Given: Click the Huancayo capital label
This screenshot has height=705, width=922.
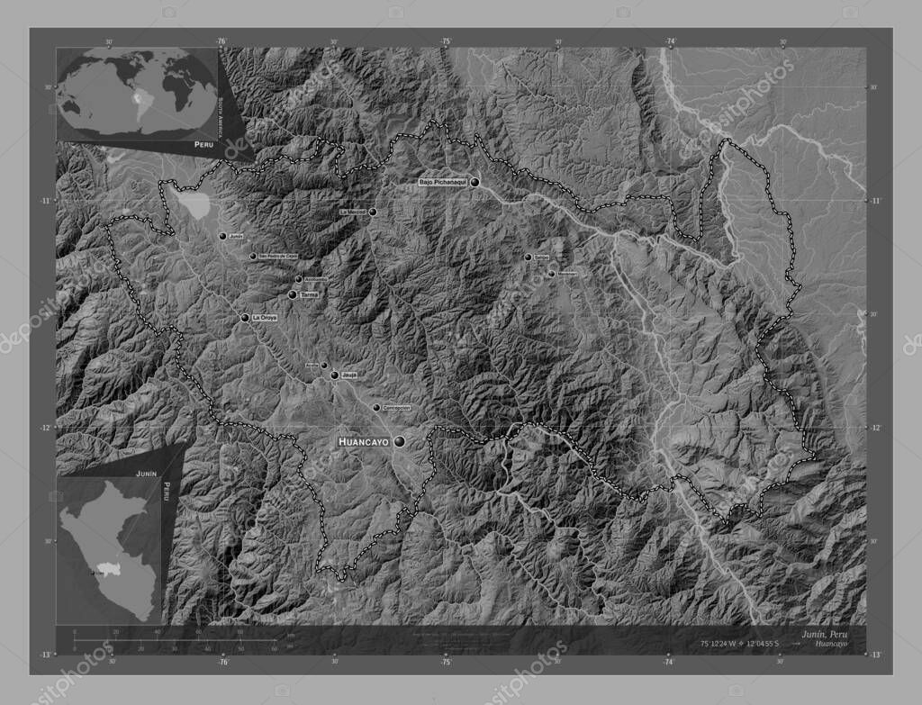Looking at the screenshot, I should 363,442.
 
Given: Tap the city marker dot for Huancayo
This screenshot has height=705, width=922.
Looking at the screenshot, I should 398,441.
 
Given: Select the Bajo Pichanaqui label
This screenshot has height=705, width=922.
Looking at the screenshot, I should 443,183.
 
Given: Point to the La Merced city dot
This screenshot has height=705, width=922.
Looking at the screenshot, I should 372,212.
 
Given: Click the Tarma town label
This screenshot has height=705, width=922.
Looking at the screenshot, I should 310,294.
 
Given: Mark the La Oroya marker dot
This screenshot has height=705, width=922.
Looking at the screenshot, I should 244,318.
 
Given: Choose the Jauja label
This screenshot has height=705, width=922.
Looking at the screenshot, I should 350,375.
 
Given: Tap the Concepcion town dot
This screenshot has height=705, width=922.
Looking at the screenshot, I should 376,408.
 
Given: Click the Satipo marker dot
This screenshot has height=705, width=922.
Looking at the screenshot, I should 528,258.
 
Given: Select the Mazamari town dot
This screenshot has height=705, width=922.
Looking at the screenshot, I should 551,273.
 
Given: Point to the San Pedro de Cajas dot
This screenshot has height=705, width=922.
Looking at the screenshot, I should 253,257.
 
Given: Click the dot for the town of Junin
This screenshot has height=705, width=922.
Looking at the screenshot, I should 222,236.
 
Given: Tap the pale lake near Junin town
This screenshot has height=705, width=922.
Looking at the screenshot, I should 197,206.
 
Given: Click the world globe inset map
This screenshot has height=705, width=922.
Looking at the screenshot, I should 136,92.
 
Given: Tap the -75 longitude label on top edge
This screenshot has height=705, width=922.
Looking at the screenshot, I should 445,41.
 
